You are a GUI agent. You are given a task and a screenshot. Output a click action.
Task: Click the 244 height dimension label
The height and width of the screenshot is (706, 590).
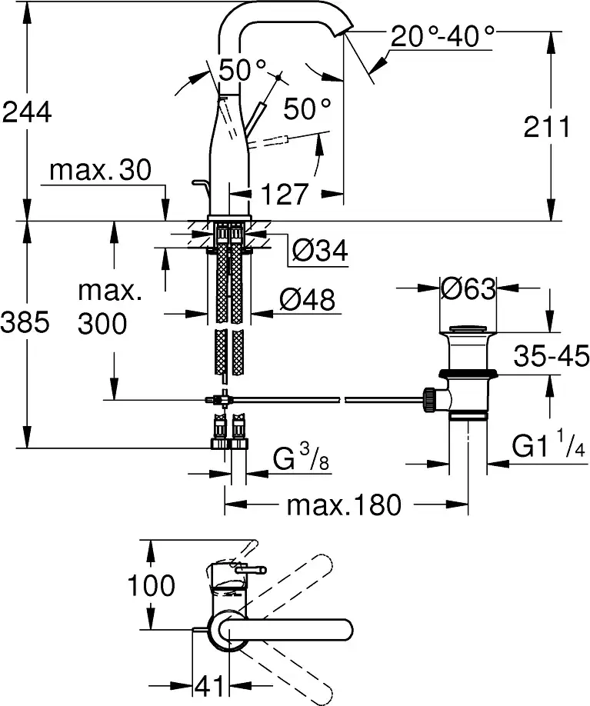(x=27, y=112)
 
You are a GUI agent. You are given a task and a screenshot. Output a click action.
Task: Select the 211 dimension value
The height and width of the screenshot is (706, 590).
(x=547, y=127)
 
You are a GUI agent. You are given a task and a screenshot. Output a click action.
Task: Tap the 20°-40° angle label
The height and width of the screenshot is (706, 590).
(x=442, y=36)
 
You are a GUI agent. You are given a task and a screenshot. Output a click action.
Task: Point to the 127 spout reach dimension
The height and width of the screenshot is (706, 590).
(x=285, y=194)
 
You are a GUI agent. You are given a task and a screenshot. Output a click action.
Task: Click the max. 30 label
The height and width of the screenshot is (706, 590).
(x=101, y=170)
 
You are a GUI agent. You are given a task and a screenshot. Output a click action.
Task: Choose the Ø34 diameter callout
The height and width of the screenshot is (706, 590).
(x=320, y=251)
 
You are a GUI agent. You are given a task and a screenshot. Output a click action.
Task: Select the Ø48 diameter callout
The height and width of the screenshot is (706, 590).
(x=308, y=299)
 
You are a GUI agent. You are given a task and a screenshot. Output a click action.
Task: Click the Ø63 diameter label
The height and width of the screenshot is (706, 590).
(x=468, y=288)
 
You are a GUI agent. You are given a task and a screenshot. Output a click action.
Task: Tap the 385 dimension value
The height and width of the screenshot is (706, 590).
(x=25, y=322)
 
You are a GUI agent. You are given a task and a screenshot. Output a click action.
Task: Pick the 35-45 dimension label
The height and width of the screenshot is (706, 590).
(x=552, y=356)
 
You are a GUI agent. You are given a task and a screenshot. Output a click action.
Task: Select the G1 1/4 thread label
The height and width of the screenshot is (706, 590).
(x=549, y=445)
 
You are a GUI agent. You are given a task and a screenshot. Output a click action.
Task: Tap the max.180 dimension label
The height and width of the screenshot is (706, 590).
(x=344, y=505)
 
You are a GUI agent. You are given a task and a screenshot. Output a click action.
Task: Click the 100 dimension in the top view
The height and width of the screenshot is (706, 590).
(x=151, y=585)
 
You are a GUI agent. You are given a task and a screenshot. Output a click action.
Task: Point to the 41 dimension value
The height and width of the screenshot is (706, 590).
(x=209, y=686)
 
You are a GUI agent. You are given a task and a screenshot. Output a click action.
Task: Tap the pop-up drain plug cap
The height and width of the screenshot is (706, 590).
(x=468, y=328)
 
